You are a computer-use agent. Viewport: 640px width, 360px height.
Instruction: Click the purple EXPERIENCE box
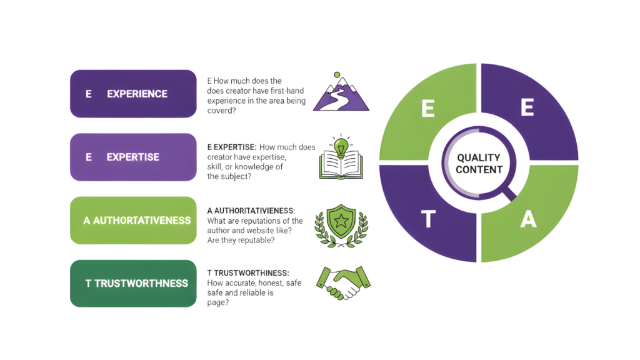click(x=133, y=94)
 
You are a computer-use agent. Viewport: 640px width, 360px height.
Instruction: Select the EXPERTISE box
click(x=133, y=157)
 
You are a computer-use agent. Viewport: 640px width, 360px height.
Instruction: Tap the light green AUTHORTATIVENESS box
click(x=133, y=221)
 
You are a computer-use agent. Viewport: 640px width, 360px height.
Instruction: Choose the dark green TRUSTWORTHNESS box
click(x=133, y=283)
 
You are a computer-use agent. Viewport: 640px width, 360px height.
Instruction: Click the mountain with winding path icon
click(x=341, y=95)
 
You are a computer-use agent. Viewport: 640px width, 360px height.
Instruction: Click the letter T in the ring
click(x=429, y=219)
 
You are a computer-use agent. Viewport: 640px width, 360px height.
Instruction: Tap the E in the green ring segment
click(x=428, y=109)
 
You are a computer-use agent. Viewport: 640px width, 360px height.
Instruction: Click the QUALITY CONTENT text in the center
click(x=479, y=164)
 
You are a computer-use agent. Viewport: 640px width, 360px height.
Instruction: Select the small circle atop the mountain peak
click(x=337, y=74)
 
